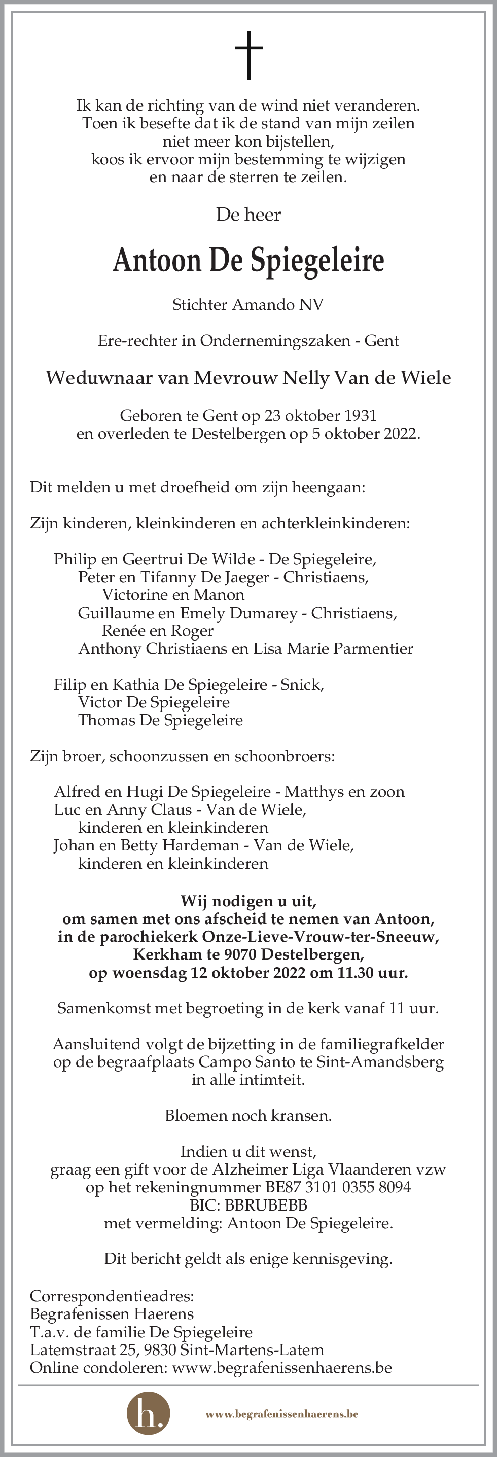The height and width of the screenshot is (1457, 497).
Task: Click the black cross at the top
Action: tap(249, 55)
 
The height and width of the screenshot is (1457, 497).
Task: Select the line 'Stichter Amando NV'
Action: tap(248, 305)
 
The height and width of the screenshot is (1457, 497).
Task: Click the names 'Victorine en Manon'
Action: tap(173, 595)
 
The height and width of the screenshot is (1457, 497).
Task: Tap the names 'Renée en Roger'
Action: tap(157, 631)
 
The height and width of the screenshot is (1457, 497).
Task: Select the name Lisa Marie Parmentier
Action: tap(333, 649)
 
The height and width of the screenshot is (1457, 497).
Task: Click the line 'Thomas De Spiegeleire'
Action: tap(161, 721)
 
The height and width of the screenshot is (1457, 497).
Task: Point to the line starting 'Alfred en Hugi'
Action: tap(229, 792)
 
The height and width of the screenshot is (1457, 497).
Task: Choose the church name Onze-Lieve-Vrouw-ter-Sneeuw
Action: tap(320, 937)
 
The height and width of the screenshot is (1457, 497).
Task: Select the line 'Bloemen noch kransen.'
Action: tap(248, 1116)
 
